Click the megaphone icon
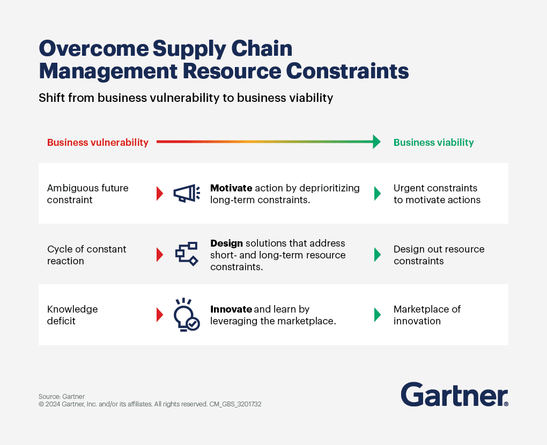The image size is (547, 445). click(x=187, y=193)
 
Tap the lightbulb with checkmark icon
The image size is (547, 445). click(x=187, y=315)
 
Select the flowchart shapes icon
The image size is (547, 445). click(x=187, y=254)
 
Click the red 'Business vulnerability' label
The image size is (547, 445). click(x=98, y=142)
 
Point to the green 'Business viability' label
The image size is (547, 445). click(x=434, y=142)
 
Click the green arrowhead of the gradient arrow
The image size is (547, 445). click(x=377, y=142)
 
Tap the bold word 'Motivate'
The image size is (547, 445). click(x=231, y=188)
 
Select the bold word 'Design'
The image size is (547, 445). click(x=226, y=243)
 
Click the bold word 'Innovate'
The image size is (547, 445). click(x=231, y=309)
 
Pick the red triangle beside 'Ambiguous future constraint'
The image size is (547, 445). click(x=160, y=194)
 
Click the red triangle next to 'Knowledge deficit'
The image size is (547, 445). click(x=160, y=315)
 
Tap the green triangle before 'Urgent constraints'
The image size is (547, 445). click(x=378, y=194)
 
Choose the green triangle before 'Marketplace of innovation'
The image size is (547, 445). click(x=378, y=315)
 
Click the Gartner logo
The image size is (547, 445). click(x=455, y=395)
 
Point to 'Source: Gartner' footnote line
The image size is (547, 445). click(x=62, y=397)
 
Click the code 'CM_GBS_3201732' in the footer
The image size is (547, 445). click(x=235, y=404)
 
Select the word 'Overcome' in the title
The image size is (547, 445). click(x=93, y=48)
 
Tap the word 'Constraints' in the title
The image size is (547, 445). click(x=348, y=71)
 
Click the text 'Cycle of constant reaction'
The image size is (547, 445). click(x=86, y=255)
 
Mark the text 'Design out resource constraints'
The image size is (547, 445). click(x=439, y=255)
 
